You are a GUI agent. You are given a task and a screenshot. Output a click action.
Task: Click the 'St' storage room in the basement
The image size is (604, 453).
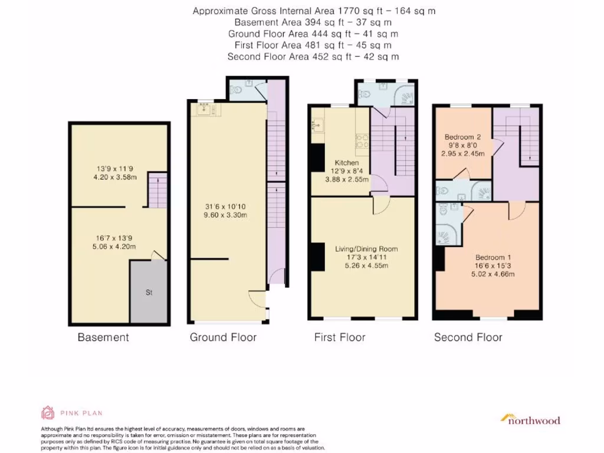point(148,292)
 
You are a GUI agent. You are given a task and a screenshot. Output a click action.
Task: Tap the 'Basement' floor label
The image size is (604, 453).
point(103,338)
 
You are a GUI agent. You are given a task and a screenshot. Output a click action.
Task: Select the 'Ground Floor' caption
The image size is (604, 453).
point(223,338)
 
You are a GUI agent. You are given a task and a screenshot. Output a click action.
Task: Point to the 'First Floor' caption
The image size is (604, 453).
point(340,338)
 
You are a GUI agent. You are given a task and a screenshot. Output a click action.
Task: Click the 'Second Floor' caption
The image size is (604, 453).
point(468,338)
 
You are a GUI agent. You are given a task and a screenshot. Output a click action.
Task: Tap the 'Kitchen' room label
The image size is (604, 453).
point(347,163)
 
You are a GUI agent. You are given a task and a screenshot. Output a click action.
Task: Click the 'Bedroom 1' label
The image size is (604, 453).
point(493,258)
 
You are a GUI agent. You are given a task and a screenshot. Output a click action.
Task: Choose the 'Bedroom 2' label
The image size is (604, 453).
point(463,137)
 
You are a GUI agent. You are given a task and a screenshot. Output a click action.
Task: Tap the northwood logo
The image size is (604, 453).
point(530,419)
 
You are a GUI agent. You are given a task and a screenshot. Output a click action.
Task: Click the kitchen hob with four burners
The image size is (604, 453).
point(361,140)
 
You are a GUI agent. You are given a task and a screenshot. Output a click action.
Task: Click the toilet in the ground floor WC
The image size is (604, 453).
point(237,90)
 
